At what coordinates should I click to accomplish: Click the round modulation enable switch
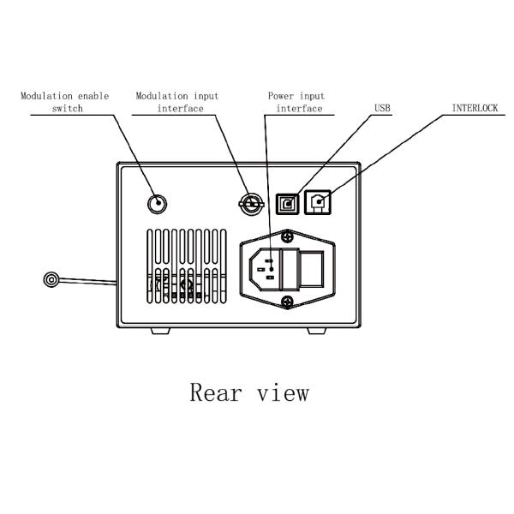156,204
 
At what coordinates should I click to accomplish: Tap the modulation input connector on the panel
249,202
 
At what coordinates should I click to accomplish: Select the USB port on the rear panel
286,204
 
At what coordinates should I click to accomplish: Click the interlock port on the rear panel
319,204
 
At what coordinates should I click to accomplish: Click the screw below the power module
289,300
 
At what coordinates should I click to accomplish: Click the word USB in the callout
383,109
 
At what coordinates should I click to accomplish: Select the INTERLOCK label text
475,109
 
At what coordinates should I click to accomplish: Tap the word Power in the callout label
281,96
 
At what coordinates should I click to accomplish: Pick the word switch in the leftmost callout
65,109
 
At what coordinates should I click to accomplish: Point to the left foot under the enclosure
163,331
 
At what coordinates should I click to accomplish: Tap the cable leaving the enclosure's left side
90,280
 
